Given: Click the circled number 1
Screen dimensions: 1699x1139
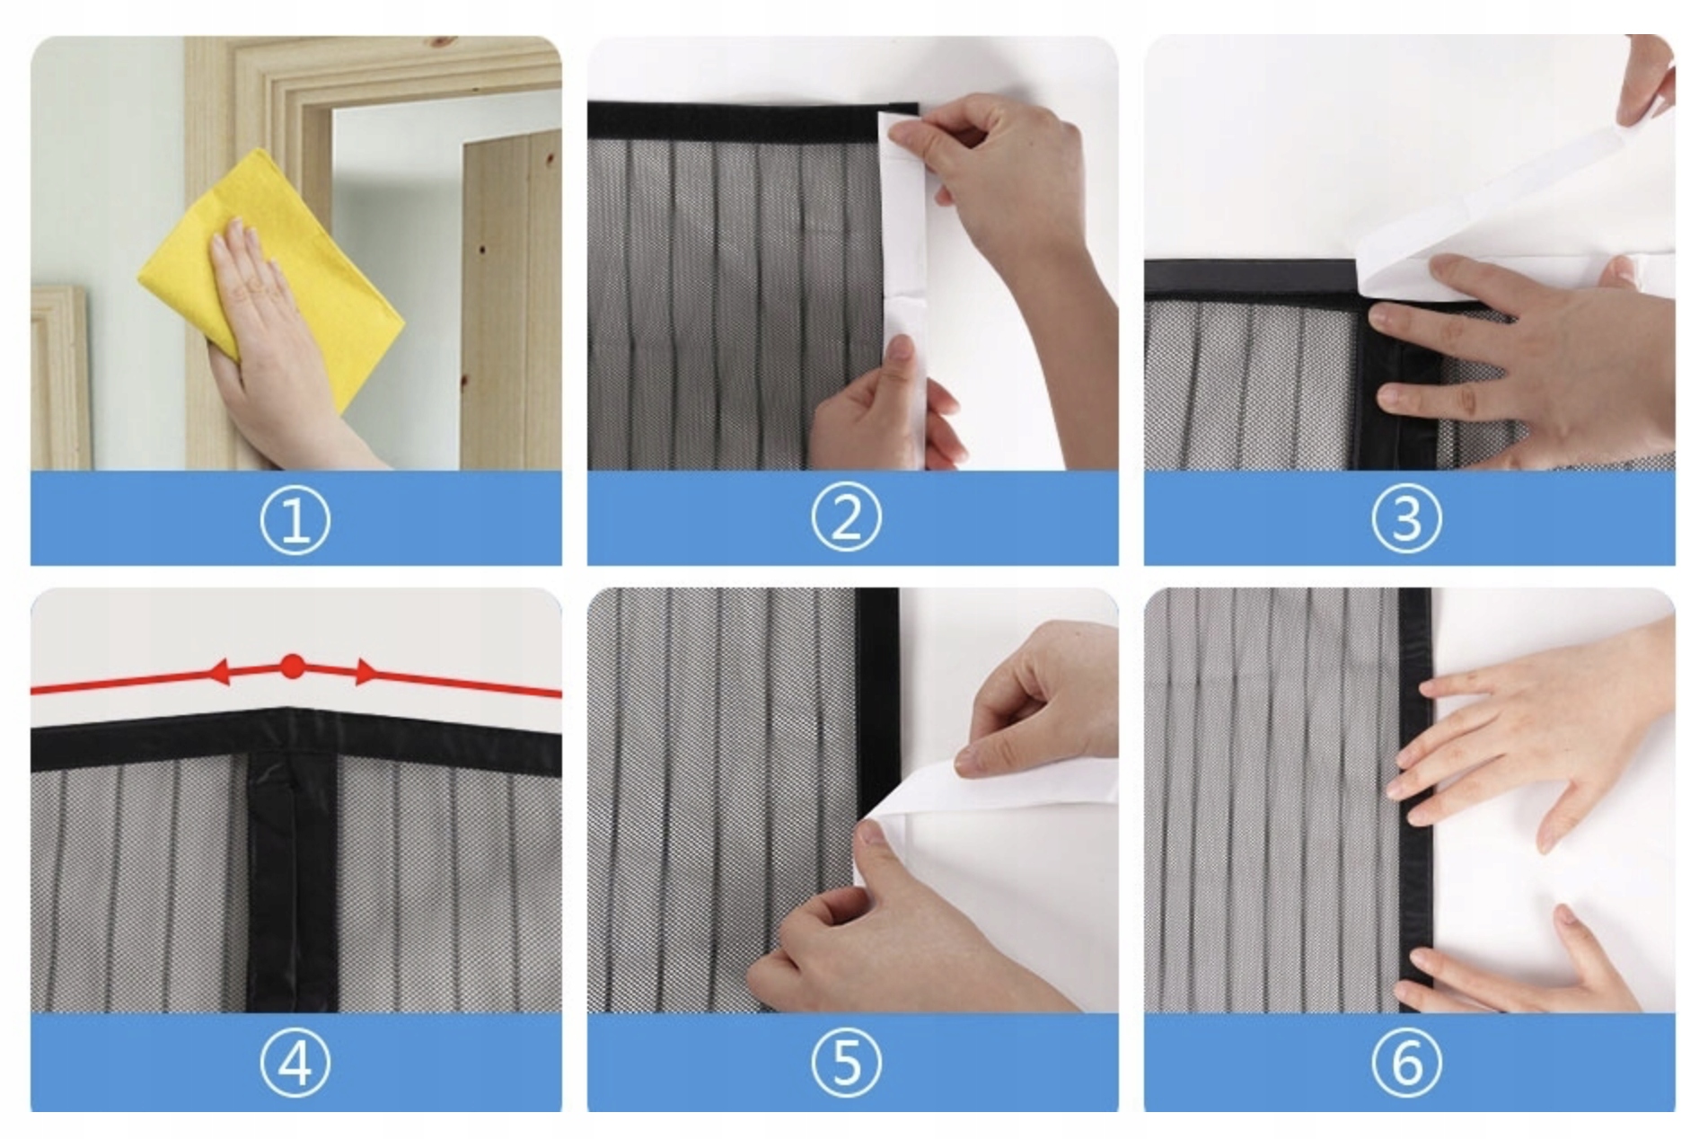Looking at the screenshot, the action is point(295,520).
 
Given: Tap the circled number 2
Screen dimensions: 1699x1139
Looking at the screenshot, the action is point(847,517).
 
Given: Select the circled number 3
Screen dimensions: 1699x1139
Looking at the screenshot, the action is point(1407,518).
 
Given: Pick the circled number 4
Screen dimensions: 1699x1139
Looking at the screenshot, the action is point(295,1063).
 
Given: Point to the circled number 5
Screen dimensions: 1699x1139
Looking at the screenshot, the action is point(847,1063).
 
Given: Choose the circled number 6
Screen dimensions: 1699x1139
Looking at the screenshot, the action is point(1407,1063).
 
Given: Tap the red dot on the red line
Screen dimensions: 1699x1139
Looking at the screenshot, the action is point(292,667).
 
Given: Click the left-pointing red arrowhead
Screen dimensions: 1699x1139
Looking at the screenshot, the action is point(219,672).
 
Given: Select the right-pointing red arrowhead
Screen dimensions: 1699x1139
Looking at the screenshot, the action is point(365,672).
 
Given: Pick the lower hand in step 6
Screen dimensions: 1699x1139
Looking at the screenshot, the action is point(1527,966).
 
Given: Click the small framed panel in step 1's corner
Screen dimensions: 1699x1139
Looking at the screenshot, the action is point(60,377).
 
